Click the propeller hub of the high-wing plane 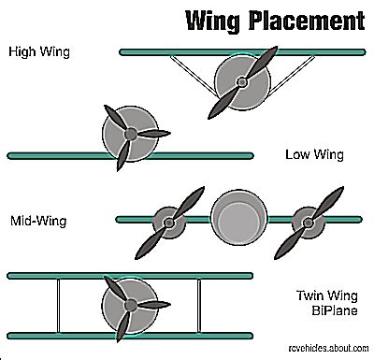pyautogui.click(x=241, y=82)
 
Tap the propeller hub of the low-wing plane pyautogui.click(x=130, y=134)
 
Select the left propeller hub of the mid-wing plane pyautogui.click(x=169, y=223)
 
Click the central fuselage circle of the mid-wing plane pyautogui.click(x=236, y=218)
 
